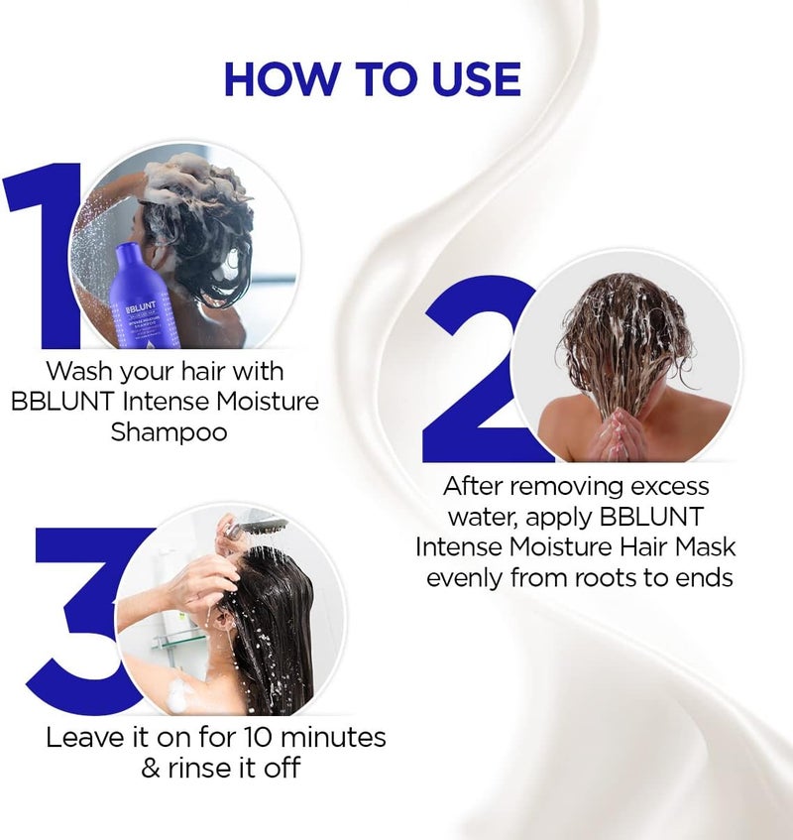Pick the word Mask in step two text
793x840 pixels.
click(706, 546)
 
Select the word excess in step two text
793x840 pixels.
click(663, 486)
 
